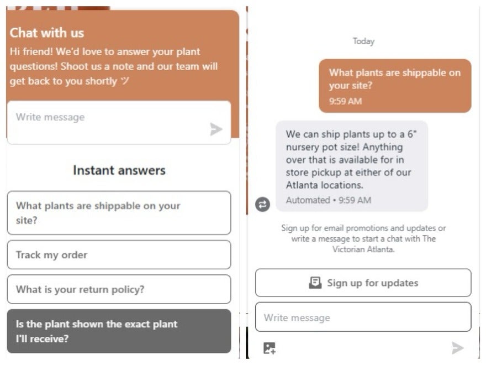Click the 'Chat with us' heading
tap(47, 33)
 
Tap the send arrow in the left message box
tap(216, 129)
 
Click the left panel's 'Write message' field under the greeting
tap(119, 122)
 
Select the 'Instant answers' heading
tap(119, 170)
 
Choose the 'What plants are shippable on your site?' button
tap(119, 212)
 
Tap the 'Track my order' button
tap(119, 254)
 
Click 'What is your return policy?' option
tap(119, 289)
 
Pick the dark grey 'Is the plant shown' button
tap(119, 331)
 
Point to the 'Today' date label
tap(363, 41)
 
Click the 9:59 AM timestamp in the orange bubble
tap(345, 101)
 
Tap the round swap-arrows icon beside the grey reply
tap(262, 205)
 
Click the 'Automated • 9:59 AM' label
tap(329, 200)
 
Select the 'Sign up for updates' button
tap(363, 283)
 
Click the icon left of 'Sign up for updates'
tap(315, 283)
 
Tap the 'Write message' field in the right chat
tap(363, 317)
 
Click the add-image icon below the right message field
tap(270, 348)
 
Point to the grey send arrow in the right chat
tap(457, 348)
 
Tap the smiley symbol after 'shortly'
tap(125, 81)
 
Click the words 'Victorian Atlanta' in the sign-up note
tap(363, 249)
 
